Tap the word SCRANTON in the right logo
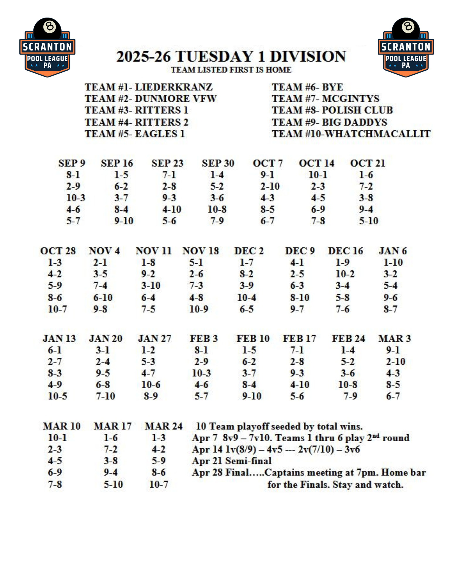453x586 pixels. [406, 47]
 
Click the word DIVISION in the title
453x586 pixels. [308, 57]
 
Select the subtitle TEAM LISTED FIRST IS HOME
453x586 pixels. [231, 70]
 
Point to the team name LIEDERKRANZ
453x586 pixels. [174, 87]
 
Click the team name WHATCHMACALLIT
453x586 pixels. [378, 134]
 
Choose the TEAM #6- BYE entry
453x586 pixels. [307, 87]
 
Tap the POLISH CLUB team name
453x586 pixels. [357, 110]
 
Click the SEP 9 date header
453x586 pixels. [72, 163]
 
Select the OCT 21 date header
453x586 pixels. [367, 163]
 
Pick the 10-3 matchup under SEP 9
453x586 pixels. [76, 198]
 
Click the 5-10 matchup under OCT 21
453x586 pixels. [369, 221]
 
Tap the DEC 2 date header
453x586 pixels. [249, 251]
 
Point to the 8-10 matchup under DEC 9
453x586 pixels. [300, 297]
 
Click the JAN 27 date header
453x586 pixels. [155, 338]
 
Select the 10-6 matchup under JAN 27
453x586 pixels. [151, 384]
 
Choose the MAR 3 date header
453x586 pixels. [394, 338]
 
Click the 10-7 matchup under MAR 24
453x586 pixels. [159, 484]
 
